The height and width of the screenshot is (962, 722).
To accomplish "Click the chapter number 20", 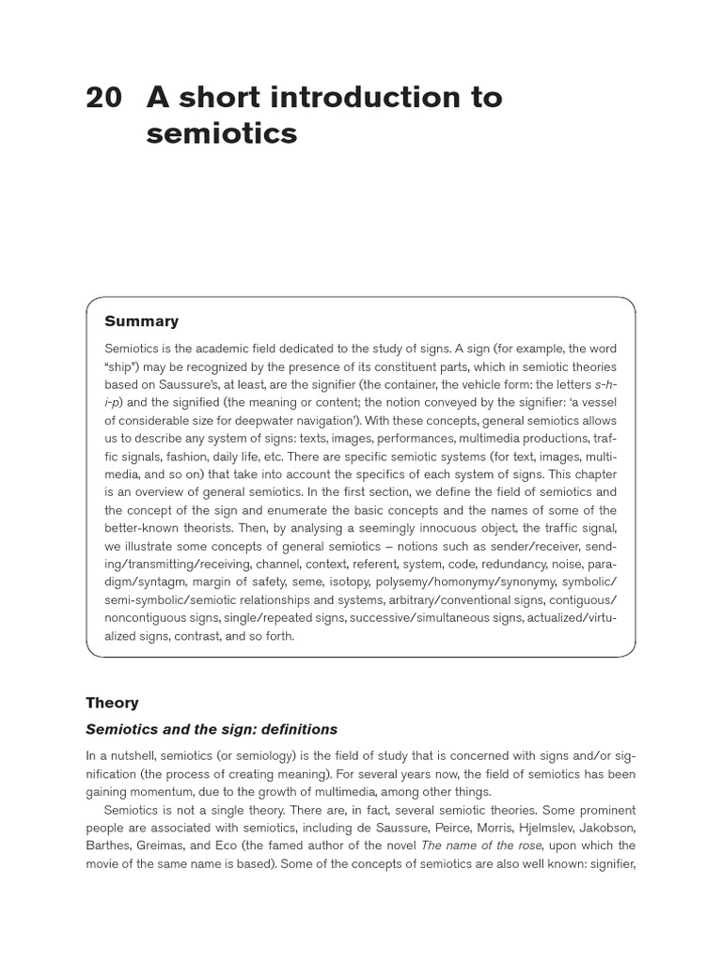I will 103,97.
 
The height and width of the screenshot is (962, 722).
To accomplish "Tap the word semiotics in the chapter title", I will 222,134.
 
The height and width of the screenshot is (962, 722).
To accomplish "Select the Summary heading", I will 141,321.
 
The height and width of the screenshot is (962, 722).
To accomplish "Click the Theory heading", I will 112,703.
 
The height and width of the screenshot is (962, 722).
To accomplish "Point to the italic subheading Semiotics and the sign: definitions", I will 212,729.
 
